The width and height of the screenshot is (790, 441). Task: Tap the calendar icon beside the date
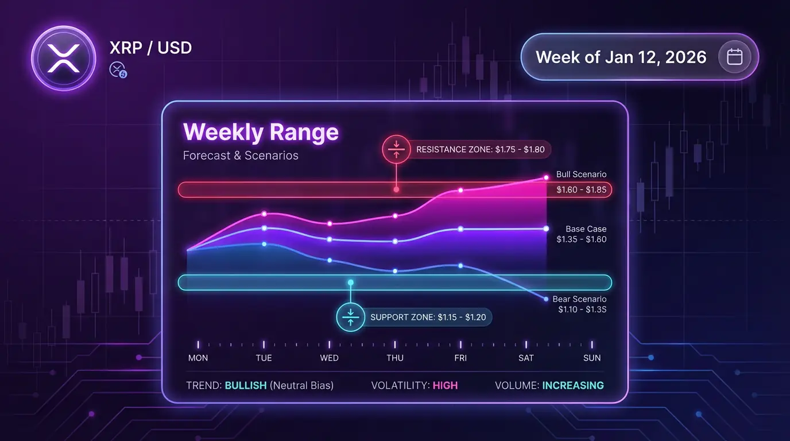point(734,57)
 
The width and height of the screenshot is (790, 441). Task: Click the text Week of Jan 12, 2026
point(621,57)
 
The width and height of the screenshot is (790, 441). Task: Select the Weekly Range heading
point(261,132)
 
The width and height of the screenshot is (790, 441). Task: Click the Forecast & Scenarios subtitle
point(241,156)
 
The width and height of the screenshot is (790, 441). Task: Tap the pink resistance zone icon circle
point(396,149)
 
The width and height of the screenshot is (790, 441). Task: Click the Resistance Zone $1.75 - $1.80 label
point(481,149)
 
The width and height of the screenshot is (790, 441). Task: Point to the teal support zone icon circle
point(350,317)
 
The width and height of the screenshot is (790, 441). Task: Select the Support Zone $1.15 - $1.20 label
point(428,317)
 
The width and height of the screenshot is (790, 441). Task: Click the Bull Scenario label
point(581,175)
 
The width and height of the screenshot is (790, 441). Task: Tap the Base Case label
point(586,229)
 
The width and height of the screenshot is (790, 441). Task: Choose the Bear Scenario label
point(579,299)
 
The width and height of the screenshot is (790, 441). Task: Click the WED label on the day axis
point(329,358)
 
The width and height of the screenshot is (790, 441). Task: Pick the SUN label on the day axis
point(592,358)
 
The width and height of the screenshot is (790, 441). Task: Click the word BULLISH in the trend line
point(246,385)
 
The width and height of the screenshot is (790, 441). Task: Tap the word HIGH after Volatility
point(445,385)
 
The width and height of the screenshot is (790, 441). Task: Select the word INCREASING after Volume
point(573,385)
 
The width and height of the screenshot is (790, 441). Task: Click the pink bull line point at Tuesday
point(264,214)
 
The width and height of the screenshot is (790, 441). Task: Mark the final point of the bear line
point(546,299)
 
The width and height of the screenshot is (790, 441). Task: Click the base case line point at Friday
point(460,229)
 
